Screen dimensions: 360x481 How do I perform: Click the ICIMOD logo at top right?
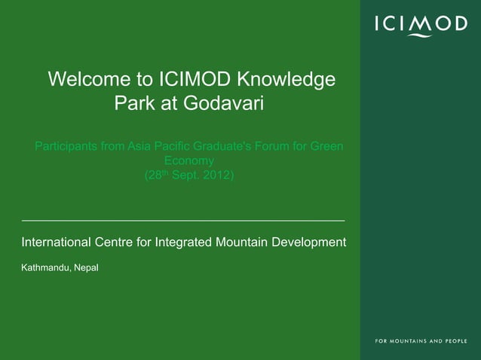pos(420,26)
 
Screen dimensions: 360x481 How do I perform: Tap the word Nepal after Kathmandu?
pos(85,268)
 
